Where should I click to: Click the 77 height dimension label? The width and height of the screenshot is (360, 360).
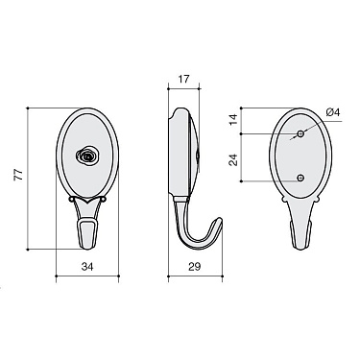[19, 175]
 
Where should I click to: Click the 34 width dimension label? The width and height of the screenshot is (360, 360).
[87, 267]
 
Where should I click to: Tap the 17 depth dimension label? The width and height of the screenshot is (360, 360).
[183, 79]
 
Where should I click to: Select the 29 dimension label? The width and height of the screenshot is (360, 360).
[195, 267]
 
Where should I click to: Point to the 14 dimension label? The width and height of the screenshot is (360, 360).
[234, 119]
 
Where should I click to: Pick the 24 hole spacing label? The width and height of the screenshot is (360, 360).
[234, 159]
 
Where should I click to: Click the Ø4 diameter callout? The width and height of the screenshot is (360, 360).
[333, 112]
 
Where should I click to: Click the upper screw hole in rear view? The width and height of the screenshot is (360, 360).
[300, 133]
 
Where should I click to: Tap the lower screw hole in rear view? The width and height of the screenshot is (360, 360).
[300, 178]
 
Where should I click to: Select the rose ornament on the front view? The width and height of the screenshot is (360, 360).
[85, 156]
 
